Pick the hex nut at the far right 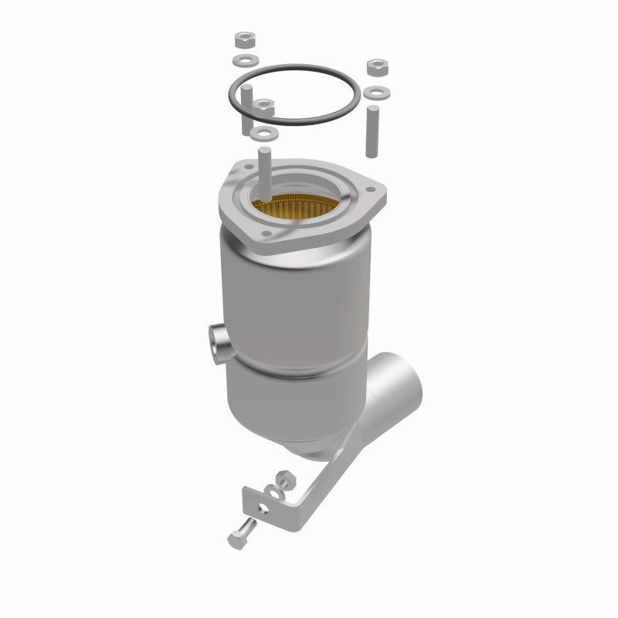pyautogui.click(x=378, y=65)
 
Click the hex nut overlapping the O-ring pyautogui.click(x=266, y=106)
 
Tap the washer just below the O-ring pyautogui.click(x=266, y=134)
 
